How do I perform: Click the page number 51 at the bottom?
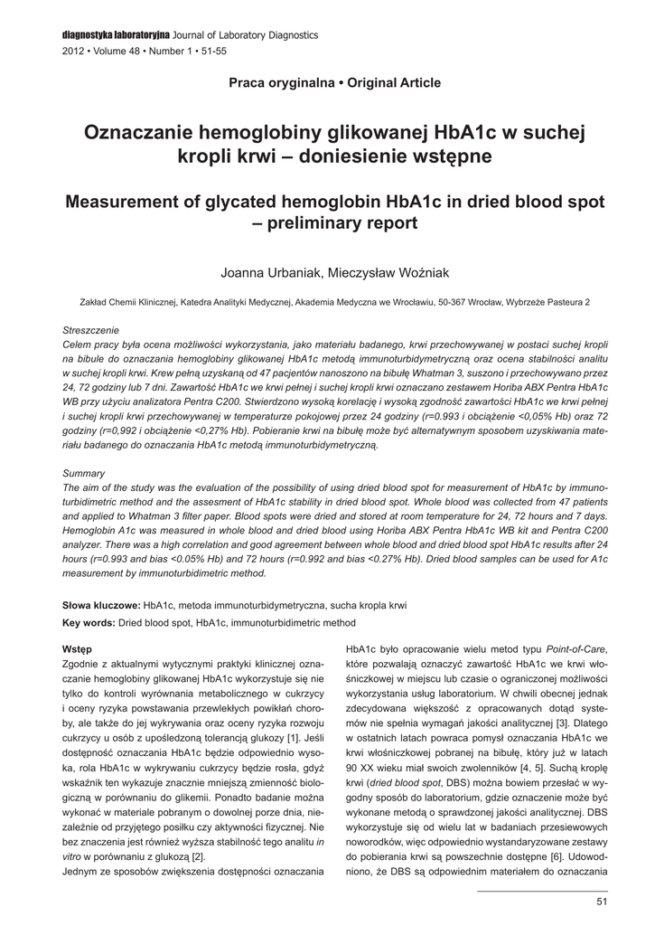[602, 901]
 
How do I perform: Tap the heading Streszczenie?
[90, 330]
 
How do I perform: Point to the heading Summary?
[83, 473]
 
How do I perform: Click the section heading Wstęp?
[76, 649]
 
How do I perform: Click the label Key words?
[89, 623]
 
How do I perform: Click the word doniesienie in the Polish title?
[345, 156]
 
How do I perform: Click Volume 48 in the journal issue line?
[113, 52]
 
